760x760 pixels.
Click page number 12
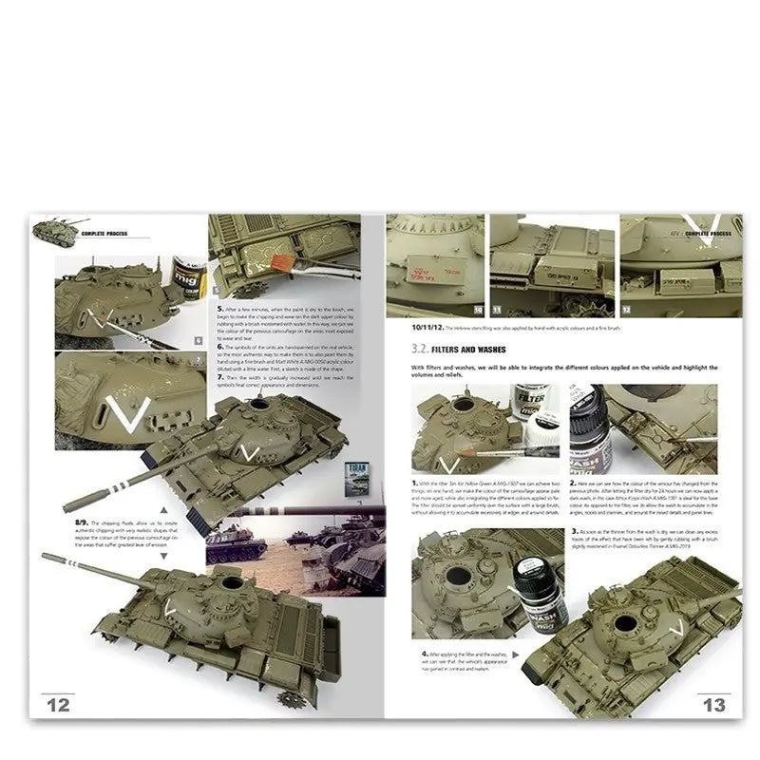coord(58,704)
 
